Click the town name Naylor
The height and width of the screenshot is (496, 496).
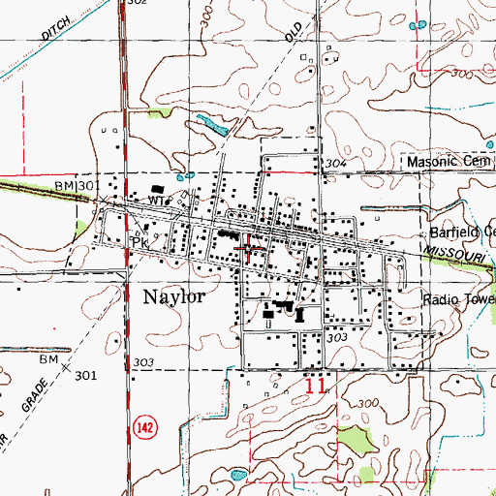pos(175,296)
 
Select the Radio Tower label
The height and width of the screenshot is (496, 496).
pos(458,299)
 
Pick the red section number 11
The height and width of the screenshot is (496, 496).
pos(315,386)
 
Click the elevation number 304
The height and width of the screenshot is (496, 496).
pos(335,164)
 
